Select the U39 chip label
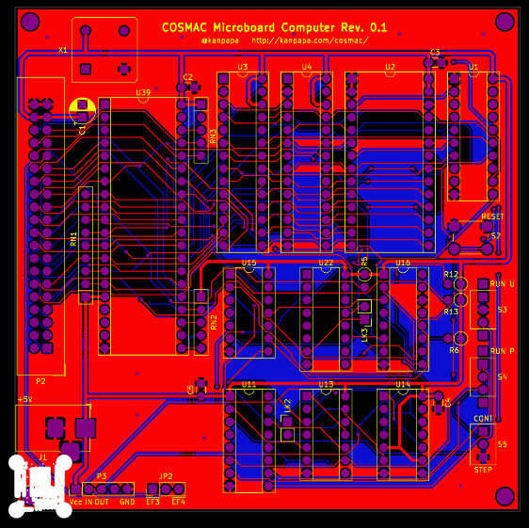coord(143,92)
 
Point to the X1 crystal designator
coord(63,50)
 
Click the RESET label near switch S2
coord(492,216)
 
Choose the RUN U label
coord(503,283)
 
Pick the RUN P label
coord(503,351)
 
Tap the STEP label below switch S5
coord(483,469)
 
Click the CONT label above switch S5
coord(483,418)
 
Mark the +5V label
coord(24,399)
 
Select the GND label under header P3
coord(126,502)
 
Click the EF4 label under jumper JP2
coord(178,502)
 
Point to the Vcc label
coord(76,502)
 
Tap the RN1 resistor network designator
coord(73,239)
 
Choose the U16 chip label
coord(403,263)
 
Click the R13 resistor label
coord(451,312)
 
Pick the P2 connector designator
coord(40,381)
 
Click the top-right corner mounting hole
coord(505,21)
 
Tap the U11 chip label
coord(248,384)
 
